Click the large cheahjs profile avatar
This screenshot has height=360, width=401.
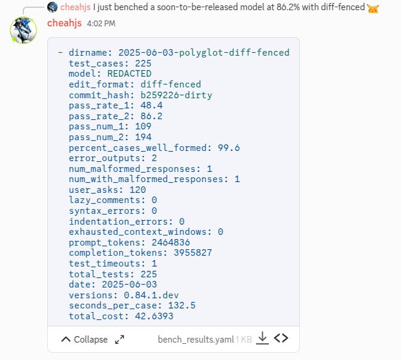coord(23,30)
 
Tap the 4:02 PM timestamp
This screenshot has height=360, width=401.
coord(101,23)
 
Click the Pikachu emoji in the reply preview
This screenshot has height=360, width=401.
coord(373,8)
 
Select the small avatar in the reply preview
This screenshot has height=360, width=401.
coord(52,7)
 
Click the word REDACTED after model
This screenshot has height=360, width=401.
coord(129,74)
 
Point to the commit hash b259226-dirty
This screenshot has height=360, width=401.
coord(176,95)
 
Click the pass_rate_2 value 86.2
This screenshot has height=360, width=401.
coord(151,116)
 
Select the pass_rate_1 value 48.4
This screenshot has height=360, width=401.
coord(151,105)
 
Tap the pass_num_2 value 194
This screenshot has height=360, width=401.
coord(143,137)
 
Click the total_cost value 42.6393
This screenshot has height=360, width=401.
coord(154,316)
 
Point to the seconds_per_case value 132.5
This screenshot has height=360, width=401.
coord(181,305)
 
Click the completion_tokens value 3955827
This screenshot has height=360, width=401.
coord(193,253)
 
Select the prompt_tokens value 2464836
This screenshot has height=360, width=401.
coord(171,243)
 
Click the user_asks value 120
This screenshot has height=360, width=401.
coord(138,190)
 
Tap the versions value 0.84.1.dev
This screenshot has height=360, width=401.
coord(151,295)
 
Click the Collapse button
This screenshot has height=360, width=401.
coord(84,340)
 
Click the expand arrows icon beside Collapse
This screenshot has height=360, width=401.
coord(120,340)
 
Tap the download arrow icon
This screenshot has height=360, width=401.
coord(262,338)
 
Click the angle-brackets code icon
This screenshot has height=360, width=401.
coord(281,338)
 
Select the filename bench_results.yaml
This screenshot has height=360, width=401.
coord(196,340)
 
